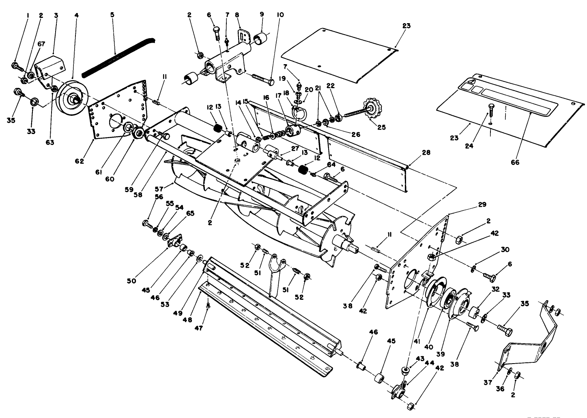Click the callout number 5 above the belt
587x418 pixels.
[x=112, y=15]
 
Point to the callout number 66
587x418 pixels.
[x=515, y=162]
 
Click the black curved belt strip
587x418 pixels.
[x=118, y=56]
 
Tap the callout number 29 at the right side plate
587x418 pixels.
[x=482, y=204]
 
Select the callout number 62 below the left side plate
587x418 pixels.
[x=80, y=161]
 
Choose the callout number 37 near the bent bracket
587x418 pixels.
[x=487, y=382]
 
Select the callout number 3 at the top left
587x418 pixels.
[x=56, y=15]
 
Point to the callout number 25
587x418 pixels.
[x=381, y=127]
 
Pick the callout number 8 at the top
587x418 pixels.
[x=237, y=15]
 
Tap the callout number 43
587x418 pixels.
[x=420, y=359]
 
